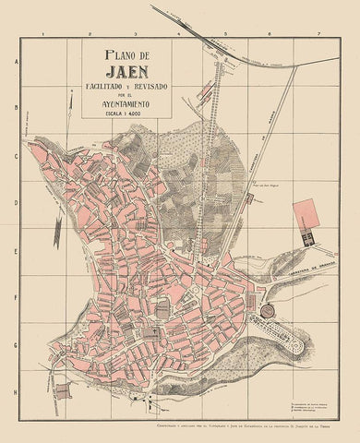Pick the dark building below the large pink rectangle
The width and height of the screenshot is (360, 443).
tap(308, 239)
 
